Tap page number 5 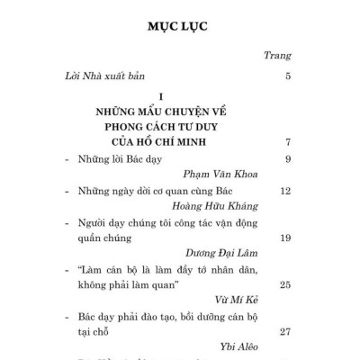click(x=287, y=76)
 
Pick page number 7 click(x=287, y=142)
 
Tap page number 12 click(x=284, y=192)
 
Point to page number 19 click(x=284, y=238)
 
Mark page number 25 click(x=284, y=285)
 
